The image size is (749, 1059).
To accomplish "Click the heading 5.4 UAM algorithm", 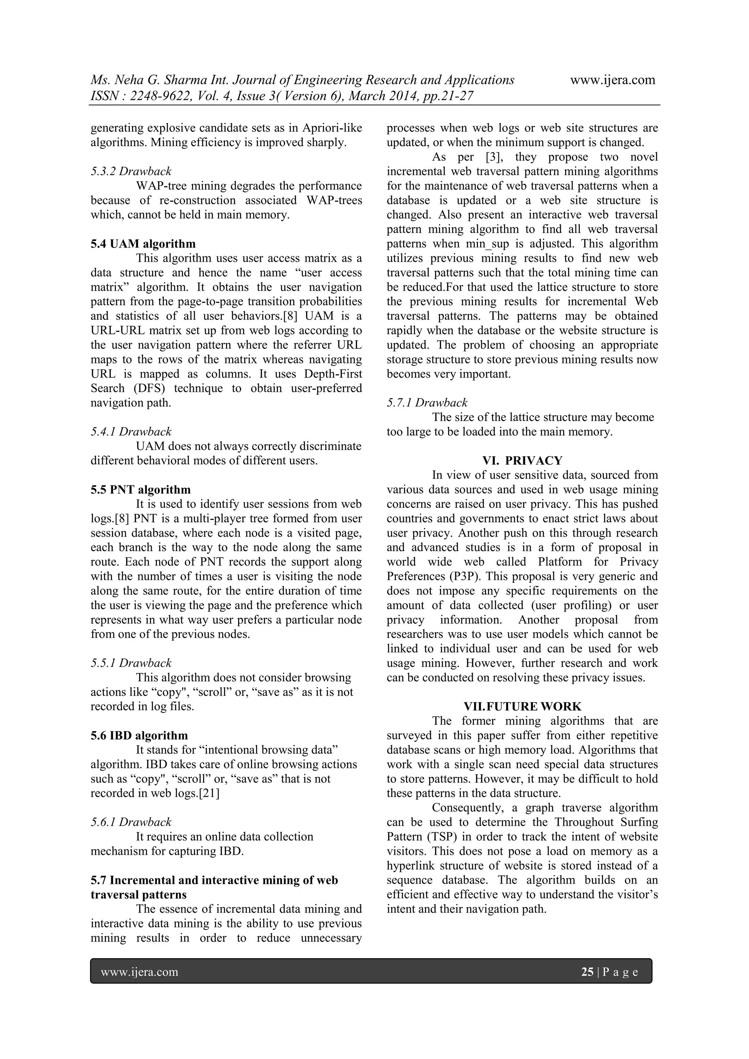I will click(x=143, y=243).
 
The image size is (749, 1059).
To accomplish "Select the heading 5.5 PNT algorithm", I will click(x=140, y=489).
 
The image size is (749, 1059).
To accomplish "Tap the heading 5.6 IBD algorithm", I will click(x=139, y=735).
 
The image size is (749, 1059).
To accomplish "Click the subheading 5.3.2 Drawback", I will click(x=131, y=171).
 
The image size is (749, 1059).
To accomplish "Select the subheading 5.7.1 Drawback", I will click(x=427, y=403).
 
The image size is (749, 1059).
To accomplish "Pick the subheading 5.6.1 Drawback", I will click(x=131, y=822).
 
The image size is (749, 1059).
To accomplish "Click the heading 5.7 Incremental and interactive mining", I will click(x=214, y=880).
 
